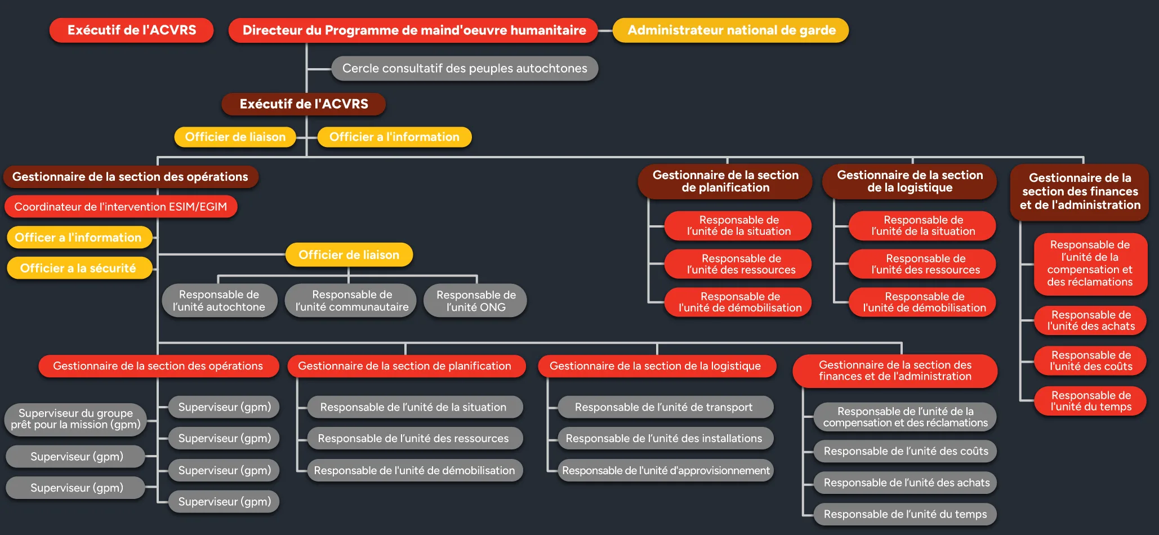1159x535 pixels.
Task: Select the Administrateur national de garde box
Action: (730, 30)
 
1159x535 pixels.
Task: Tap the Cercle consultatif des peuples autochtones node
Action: (465, 68)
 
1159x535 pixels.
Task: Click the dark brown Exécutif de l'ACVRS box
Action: (304, 104)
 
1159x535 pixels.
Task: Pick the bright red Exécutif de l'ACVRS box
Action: (132, 30)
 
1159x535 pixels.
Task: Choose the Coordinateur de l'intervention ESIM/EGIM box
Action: (121, 207)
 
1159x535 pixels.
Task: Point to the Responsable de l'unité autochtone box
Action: (219, 301)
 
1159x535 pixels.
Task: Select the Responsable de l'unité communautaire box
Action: (351, 301)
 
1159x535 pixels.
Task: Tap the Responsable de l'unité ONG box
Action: (475, 301)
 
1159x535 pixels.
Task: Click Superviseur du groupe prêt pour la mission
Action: (75, 419)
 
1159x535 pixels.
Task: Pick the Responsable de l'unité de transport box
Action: (665, 407)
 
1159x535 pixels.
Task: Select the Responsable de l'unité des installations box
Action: (665, 439)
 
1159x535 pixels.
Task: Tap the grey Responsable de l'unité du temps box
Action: (904, 514)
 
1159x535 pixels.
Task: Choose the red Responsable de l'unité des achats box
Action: (1090, 320)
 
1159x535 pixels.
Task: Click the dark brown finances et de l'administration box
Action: (1080, 191)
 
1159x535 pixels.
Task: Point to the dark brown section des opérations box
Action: (131, 177)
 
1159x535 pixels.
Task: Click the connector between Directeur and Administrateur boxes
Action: (605, 30)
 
